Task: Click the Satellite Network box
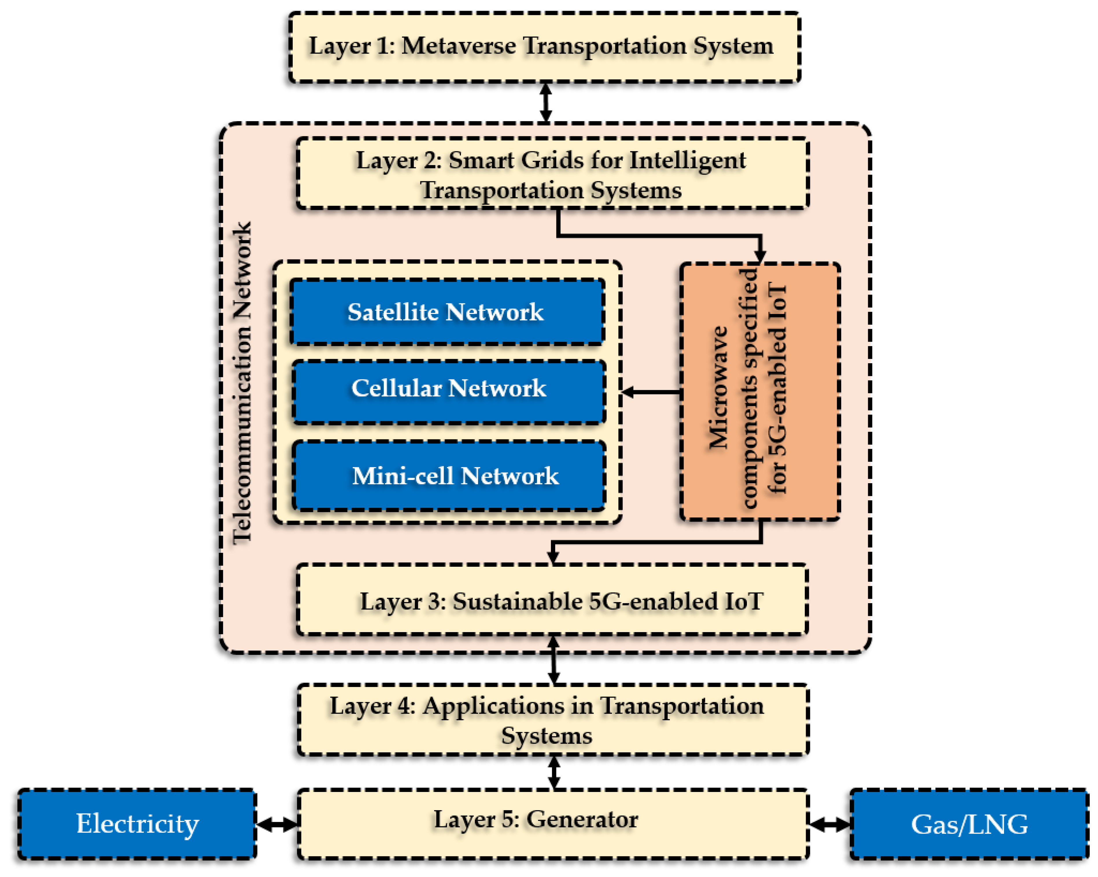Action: (447, 312)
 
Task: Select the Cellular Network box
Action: (448, 391)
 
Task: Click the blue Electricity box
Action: (137, 824)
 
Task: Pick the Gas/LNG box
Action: (969, 824)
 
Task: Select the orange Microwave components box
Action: (760, 391)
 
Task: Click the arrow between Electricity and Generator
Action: (276, 824)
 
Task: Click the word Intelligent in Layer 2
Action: (688, 160)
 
